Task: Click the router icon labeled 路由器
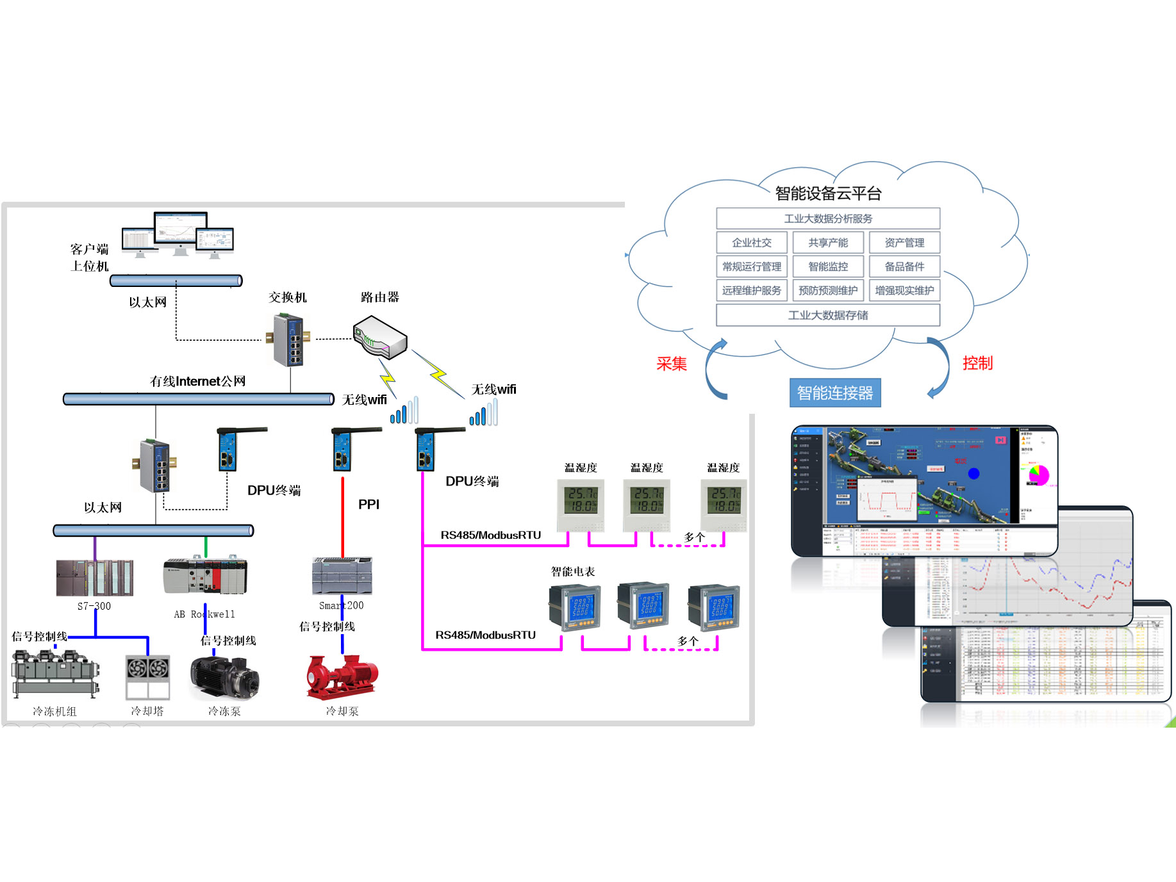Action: [381, 336]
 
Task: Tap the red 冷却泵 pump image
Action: [342, 676]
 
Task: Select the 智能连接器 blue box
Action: [834, 393]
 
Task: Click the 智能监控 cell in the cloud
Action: [828, 266]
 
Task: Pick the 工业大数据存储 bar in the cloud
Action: [828, 315]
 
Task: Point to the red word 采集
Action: [672, 364]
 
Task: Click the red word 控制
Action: [977, 363]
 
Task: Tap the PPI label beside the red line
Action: [369, 504]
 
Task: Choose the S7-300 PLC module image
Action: [95, 578]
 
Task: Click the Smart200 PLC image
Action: [342, 576]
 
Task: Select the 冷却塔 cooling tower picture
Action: [148, 676]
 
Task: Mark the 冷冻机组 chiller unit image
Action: [55, 673]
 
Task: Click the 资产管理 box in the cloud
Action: [904, 243]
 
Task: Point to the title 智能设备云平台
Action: [828, 193]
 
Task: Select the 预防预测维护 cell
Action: [828, 290]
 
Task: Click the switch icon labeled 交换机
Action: [288, 339]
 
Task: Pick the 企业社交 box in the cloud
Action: [752, 243]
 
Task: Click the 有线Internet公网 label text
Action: [197, 381]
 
